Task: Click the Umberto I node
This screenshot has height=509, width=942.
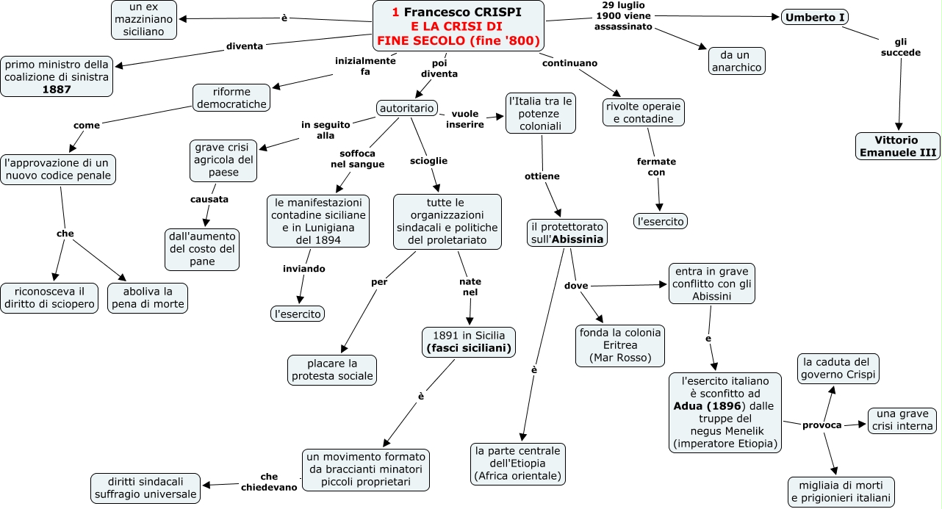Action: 815,17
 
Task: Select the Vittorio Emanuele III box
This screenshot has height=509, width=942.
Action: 897,146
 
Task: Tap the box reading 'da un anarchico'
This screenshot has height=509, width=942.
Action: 736,61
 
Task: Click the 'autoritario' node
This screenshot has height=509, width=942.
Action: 406,108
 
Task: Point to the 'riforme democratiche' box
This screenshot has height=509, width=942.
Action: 231,98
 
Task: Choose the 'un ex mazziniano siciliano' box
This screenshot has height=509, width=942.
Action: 144,19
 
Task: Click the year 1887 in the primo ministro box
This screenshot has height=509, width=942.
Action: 57,90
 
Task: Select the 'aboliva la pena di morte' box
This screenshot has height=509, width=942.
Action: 148,298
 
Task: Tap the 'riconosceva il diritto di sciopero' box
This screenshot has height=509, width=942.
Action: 49,298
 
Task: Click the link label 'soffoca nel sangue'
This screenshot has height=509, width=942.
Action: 357,159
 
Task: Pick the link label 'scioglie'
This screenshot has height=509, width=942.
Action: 428,161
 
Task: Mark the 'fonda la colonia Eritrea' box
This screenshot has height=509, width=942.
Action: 620,345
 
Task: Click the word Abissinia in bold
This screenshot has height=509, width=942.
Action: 578,239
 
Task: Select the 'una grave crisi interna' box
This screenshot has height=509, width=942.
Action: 902,420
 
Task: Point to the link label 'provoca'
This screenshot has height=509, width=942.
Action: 821,425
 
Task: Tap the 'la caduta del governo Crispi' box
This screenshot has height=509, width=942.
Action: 838,369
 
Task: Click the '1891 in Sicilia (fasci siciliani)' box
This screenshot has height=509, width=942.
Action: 469,342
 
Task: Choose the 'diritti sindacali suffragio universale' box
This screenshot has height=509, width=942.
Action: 145,488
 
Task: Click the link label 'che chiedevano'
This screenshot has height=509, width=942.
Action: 269,482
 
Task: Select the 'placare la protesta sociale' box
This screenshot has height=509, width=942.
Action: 332,370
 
